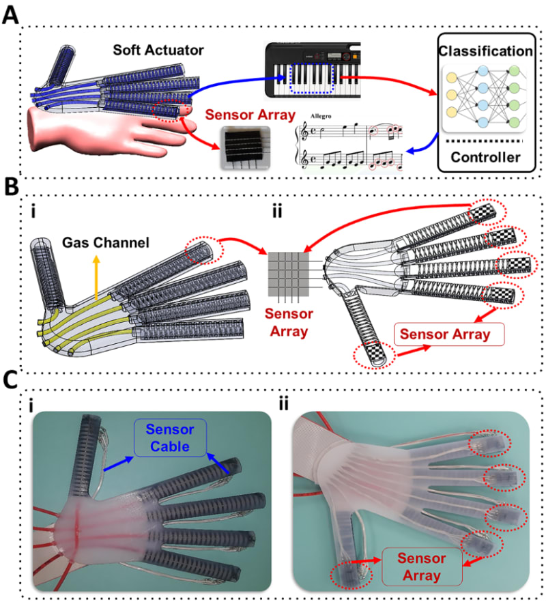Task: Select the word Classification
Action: pos(485,51)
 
